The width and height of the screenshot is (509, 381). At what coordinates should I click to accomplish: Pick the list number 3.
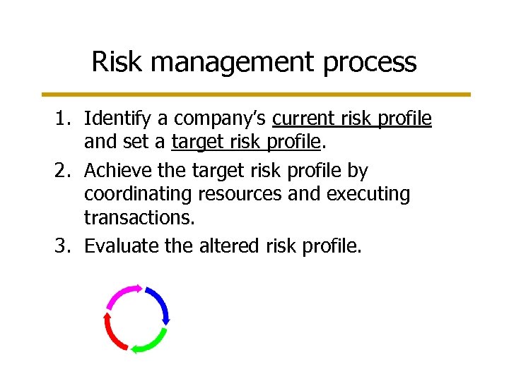pos(64,246)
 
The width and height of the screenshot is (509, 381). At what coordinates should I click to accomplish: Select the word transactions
pos(139,218)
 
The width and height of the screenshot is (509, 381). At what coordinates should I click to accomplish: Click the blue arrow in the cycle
pos(160,303)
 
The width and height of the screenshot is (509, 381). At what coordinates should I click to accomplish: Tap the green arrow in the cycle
pos(149,341)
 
